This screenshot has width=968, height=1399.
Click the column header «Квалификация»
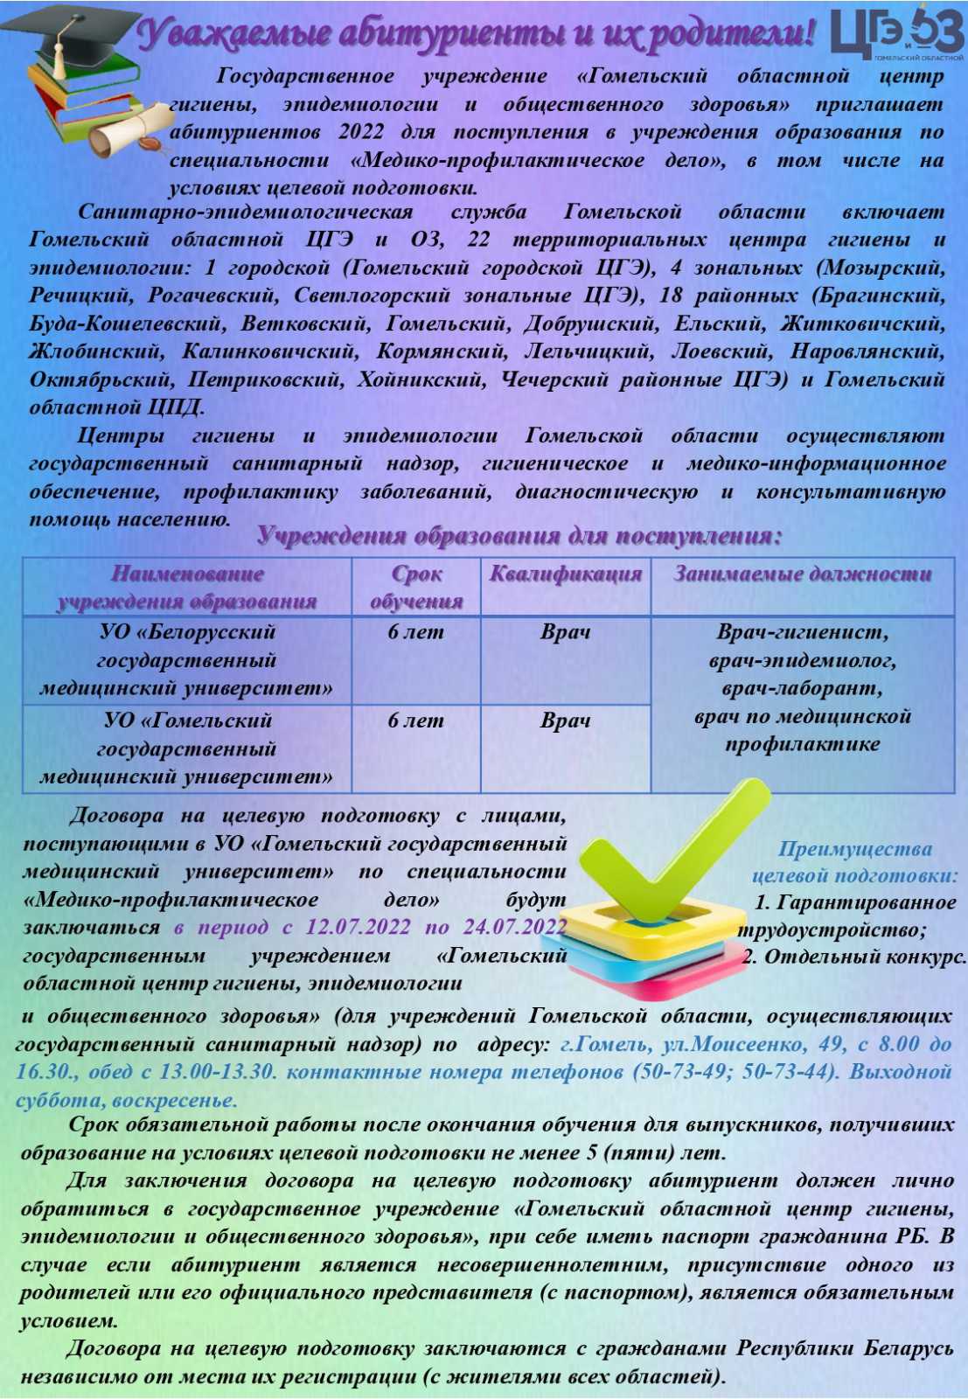click(565, 574)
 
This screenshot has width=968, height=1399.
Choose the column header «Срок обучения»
click(416, 588)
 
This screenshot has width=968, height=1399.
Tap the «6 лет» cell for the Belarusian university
click(416, 632)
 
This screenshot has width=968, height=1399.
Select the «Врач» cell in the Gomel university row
click(565, 721)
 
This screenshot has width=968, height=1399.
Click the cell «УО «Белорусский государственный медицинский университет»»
click(186, 660)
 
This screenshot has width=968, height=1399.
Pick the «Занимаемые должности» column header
click(802, 574)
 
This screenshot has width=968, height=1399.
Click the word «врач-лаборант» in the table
click(802, 689)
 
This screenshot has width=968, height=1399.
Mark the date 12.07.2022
click(358, 928)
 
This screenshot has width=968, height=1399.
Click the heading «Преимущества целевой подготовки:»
click(854, 862)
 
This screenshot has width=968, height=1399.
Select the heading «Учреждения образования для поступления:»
click(519, 537)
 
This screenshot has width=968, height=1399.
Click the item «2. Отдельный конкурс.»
click(854, 957)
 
